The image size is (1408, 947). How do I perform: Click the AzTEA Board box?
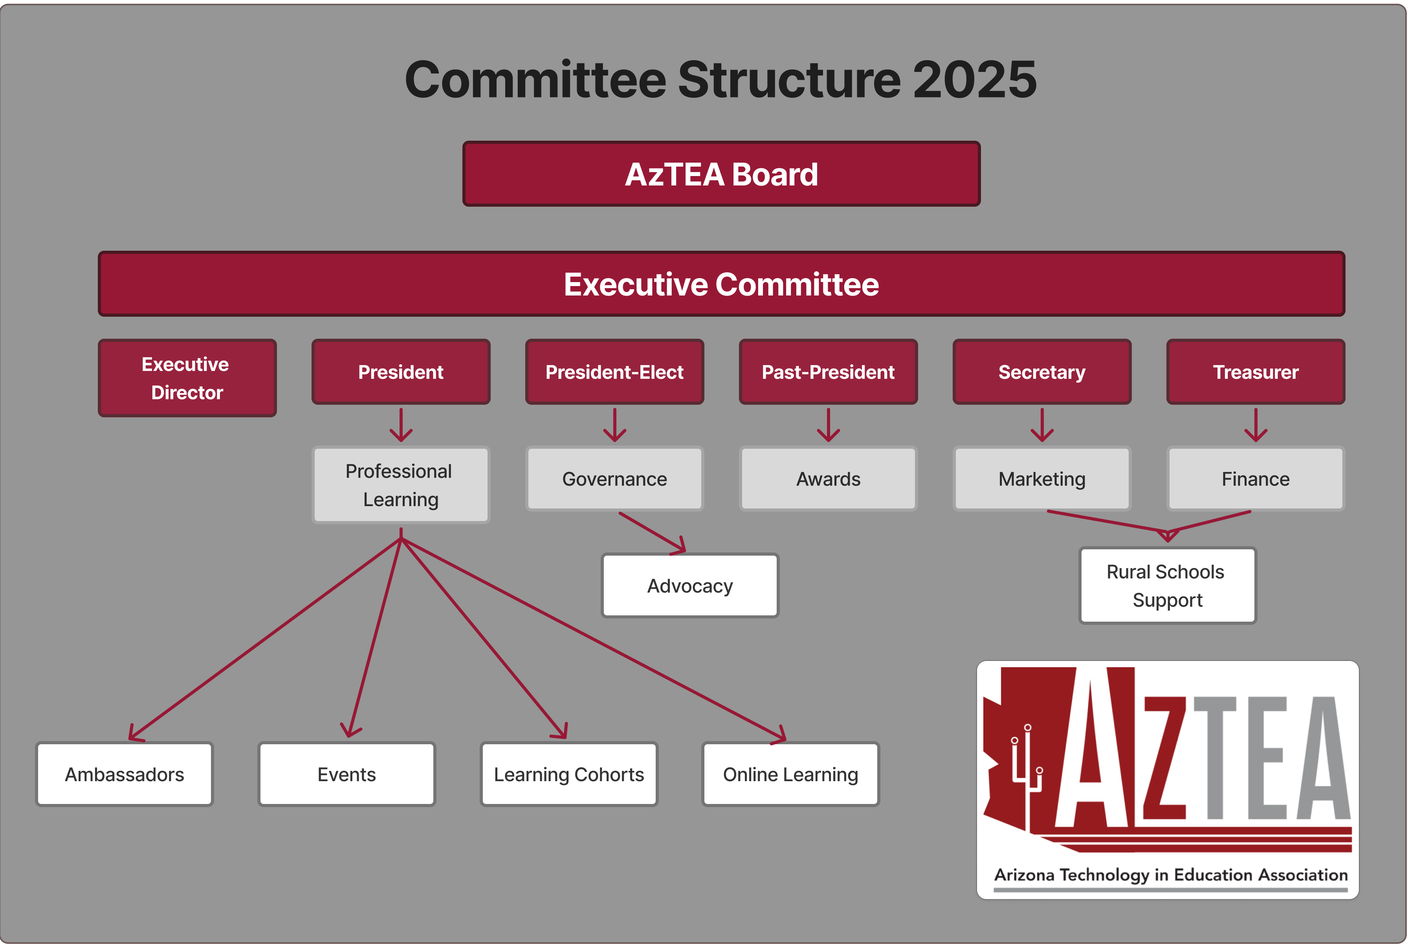pyautogui.click(x=722, y=174)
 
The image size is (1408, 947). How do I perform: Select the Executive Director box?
pyautogui.click(x=187, y=378)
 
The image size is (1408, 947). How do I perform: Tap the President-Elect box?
pyautogui.click(x=615, y=371)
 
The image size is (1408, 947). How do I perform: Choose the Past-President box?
pyautogui.click(x=829, y=371)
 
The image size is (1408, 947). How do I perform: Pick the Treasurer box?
pyautogui.click(x=1256, y=371)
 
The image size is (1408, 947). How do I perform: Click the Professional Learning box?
pyautogui.click(x=401, y=485)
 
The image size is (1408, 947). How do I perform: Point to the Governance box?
pyautogui.click(x=615, y=478)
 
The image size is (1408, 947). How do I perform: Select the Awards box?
pyautogui.click(x=829, y=478)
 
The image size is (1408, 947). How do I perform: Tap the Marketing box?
pyautogui.click(x=1042, y=478)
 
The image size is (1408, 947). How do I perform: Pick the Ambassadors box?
pyautogui.click(x=125, y=774)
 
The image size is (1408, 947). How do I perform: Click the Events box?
pyautogui.click(x=346, y=774)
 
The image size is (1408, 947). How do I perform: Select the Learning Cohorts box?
pyautogui.click(x=569, y=774)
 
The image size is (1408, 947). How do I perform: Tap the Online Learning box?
pyautogui.click(x=791, y=774)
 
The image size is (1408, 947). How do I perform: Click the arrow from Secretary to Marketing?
pyautogui.click(x=1042, y=425)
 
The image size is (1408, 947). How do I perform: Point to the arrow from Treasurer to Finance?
pyautogui.click(x=1256, y=425)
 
